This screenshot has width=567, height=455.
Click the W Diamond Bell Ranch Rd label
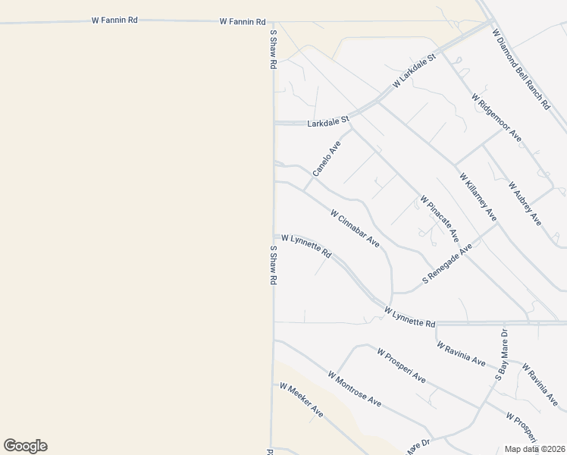(x=520, y=70)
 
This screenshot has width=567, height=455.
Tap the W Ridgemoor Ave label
(x=496, y=118)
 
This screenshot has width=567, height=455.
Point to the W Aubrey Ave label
(x=525, y=203)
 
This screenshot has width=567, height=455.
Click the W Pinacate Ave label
(x=440, y=218)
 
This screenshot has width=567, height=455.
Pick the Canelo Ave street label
(x=327, y=158)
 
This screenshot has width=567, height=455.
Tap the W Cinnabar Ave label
(x=355, y=228)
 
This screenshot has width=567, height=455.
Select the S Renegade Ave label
(x=447, y=263)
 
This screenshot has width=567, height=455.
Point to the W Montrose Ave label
(x=354, y=389)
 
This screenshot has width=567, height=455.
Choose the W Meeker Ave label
(x=301, y=400)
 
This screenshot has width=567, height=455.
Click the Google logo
(x=25, y=446)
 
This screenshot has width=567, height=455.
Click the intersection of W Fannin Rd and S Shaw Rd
(x=273, y=22)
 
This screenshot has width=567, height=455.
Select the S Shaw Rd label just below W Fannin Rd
(x=272, y=51)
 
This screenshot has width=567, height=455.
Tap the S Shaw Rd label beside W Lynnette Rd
(x=272, y=265)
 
